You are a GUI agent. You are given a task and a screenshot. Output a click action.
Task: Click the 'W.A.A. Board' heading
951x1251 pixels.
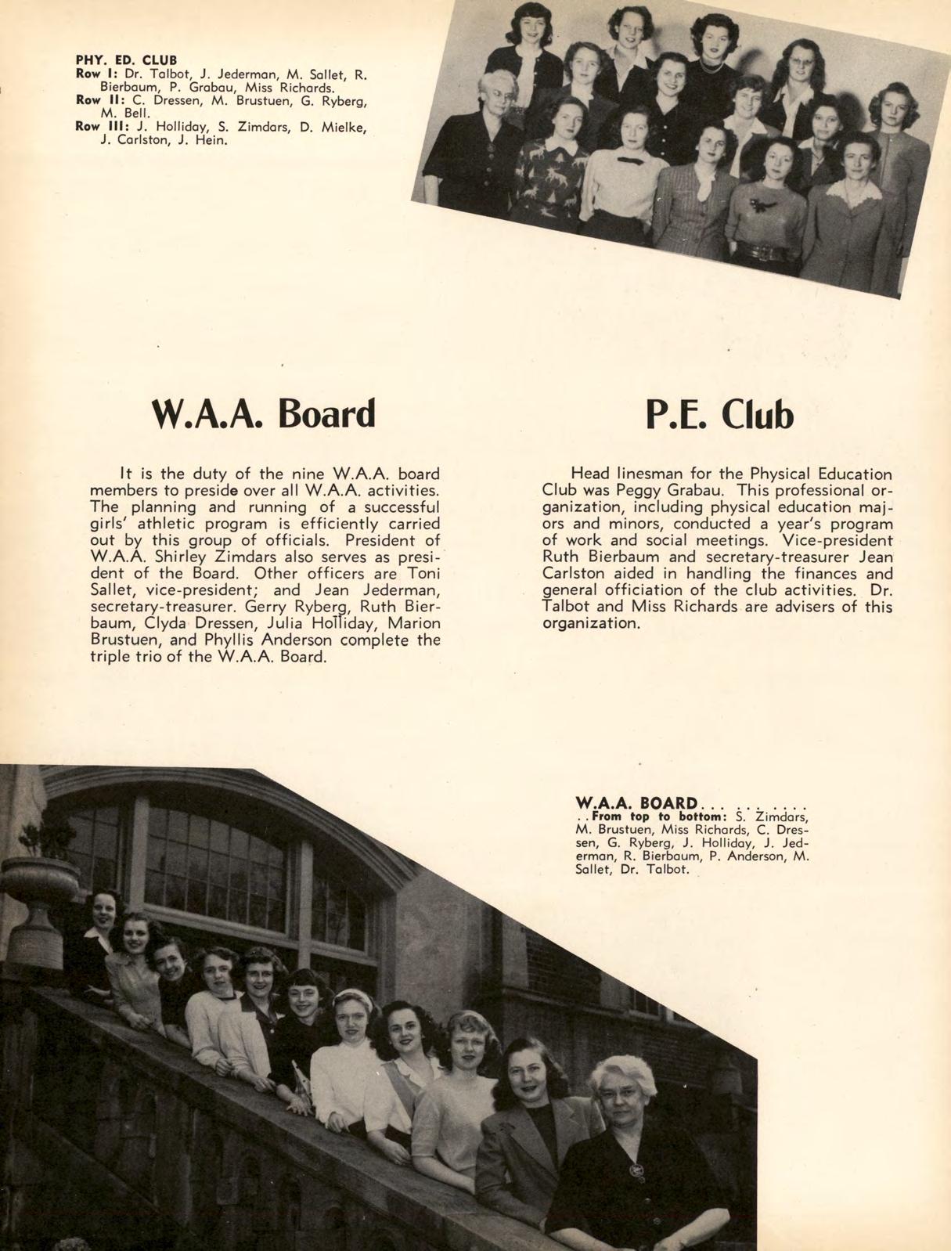tap(263, 414)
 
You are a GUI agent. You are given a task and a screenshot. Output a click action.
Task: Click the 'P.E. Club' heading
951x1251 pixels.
tap(719, 416)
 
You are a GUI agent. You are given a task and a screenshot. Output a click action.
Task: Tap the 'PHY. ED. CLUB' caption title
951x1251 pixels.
tap(126, 59)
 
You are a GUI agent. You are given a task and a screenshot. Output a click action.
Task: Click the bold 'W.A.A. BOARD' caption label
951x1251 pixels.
tap(636, 802)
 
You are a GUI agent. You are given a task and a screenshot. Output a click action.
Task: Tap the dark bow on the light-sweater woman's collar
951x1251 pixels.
tap(630, 160)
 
